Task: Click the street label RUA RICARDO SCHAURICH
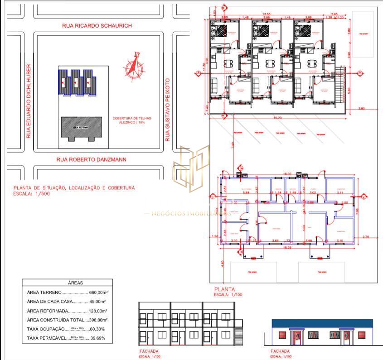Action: [97, 26]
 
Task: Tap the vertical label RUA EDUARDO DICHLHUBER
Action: [29, 101]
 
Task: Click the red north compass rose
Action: [134, 67]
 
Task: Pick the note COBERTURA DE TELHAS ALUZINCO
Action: [132, 120]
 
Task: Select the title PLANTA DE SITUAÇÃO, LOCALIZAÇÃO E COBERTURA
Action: [74, 188]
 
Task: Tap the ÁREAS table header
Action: [75, 283]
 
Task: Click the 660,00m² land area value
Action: [98, 293]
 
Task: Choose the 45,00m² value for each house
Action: [97, 302]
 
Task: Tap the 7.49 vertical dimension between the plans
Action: [232, 145]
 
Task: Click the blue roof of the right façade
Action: [322, 323]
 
